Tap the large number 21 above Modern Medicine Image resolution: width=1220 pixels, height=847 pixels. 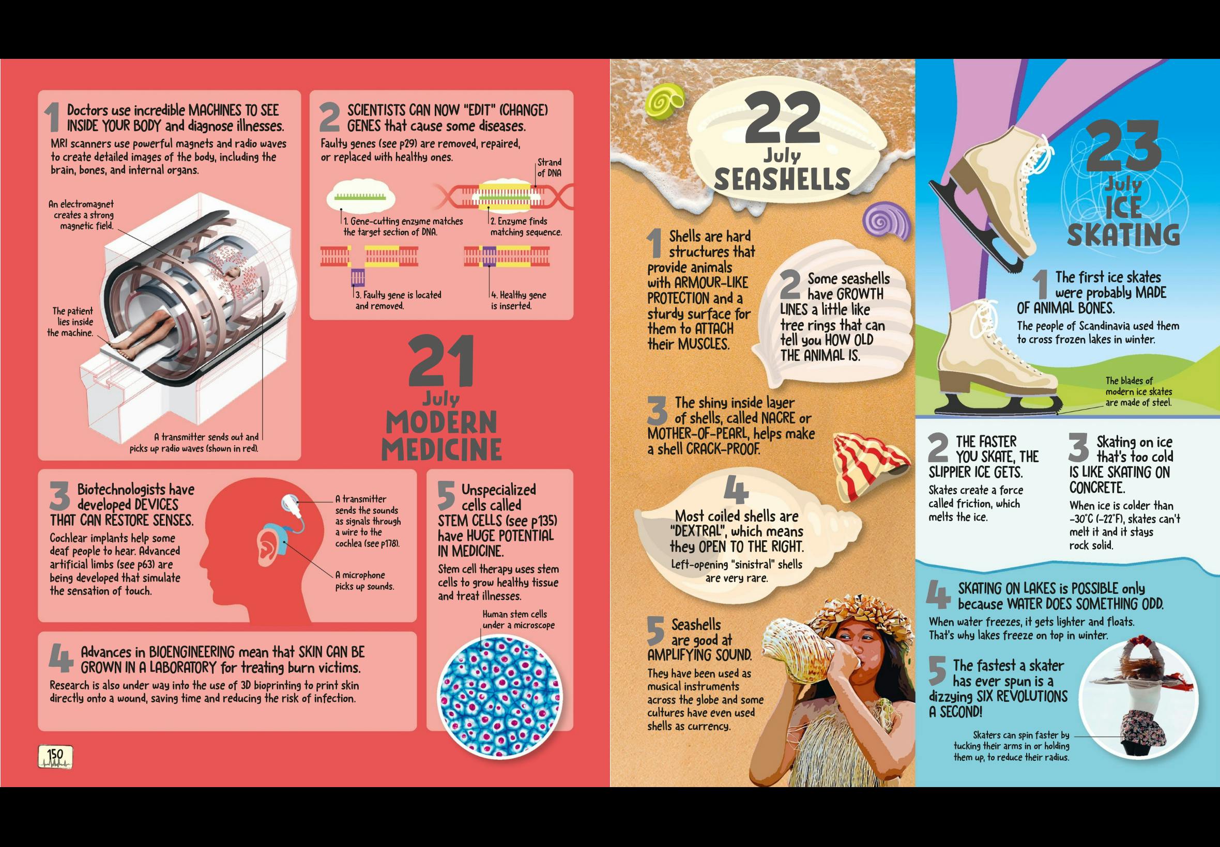click(x=441, y=363)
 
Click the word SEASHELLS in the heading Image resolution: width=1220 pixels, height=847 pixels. click(x=782, y=179)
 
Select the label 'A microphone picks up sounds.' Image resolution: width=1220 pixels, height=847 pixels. click(x=364, y=581)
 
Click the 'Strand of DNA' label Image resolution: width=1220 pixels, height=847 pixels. click(x=548, y=168)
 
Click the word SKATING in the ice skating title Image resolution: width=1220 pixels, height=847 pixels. click(x=1123, y=235)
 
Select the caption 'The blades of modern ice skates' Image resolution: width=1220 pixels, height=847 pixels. click(x=1138, y=386)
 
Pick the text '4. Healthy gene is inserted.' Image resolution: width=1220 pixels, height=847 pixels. click(x=518, y=301)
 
